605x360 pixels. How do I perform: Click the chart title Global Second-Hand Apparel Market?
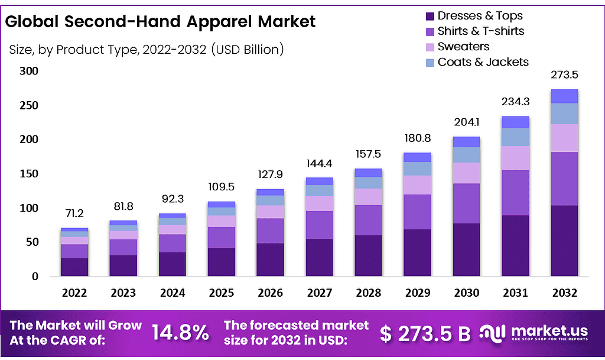click(x=160, y=22)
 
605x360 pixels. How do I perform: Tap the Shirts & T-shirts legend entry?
click(x=480, y=31)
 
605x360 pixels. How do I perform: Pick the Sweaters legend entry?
click(x=463, y=47)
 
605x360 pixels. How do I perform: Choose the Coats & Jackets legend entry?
click(x=483, y=62)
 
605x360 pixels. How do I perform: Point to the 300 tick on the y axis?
click(x=29, y=72)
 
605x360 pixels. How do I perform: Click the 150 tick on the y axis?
click(x=29, y=174)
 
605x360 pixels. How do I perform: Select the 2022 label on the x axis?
click(x=74, y=293)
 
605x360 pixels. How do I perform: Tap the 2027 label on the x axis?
click(x=320, y=293)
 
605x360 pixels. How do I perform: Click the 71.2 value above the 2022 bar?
click(x=74, y=212)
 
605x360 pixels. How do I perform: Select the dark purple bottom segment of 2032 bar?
click(x=564, y=241)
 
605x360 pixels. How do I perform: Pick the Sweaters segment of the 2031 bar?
click(x=516, y=158)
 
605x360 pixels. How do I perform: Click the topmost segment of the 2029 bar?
click(x=418, y=157)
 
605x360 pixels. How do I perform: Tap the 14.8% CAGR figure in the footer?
click(x=180, y=333)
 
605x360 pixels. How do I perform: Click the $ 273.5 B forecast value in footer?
click(x=425, y=333)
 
